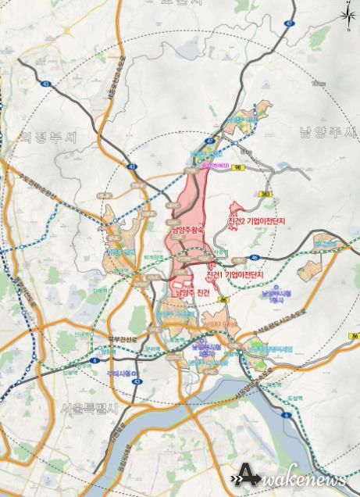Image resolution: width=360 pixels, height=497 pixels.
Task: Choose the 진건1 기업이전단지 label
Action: [x=236, y=276]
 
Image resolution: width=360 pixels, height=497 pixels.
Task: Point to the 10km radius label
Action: [x=316, y=83]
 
